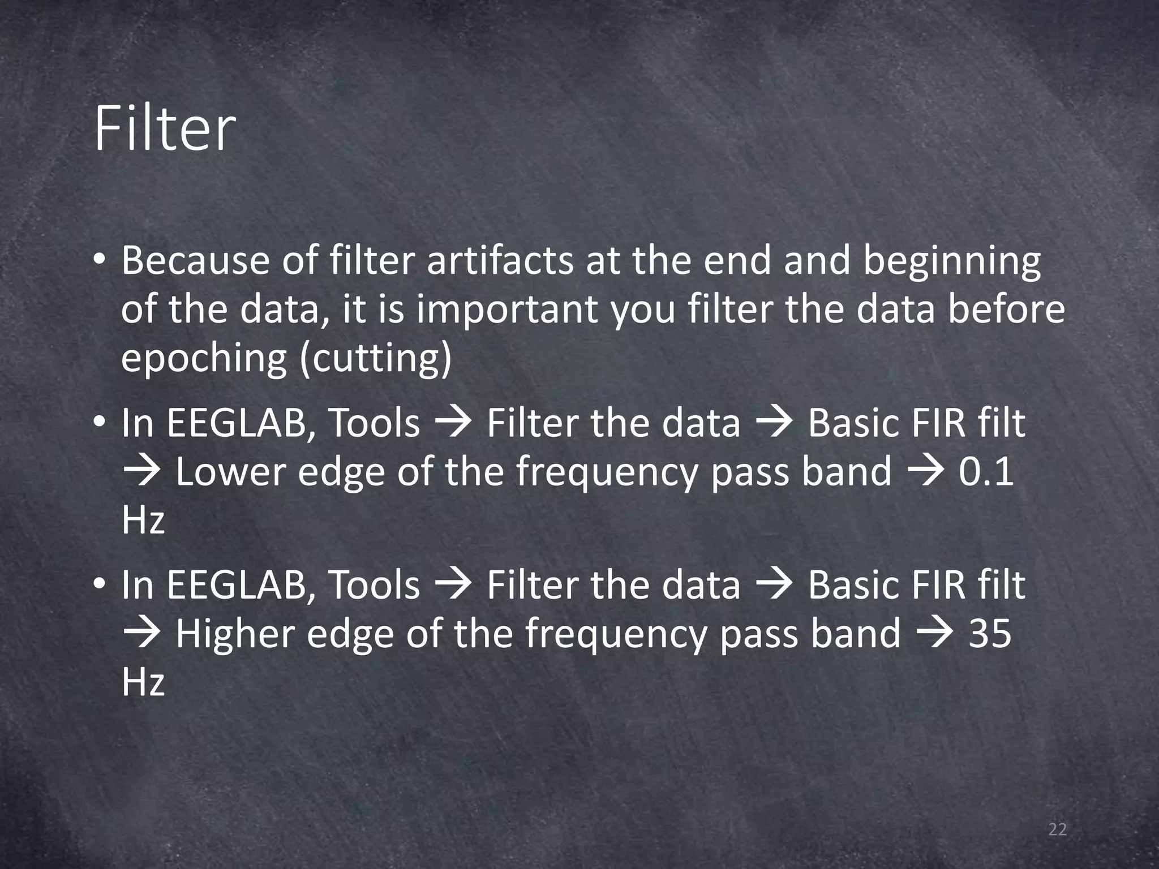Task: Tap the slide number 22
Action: point(1057,830)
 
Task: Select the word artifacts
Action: point(500,261)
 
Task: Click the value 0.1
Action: point(985,471)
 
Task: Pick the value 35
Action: point(990,633)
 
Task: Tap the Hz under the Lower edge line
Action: point(143,520)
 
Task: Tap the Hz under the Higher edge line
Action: point(143,682)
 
